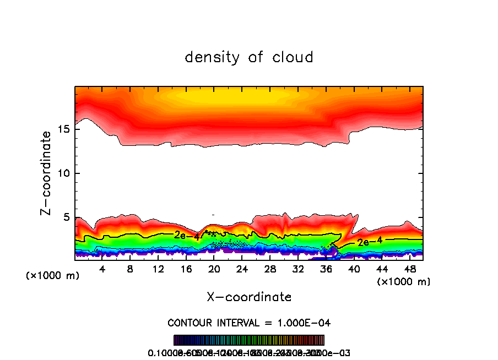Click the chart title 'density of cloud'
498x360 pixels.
click(249, 57)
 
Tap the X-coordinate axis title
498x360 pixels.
click(249, 297)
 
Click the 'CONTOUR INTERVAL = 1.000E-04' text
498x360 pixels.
click(249, 323)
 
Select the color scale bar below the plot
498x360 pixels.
click(249, 340)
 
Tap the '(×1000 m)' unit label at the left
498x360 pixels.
click(52, 276)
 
